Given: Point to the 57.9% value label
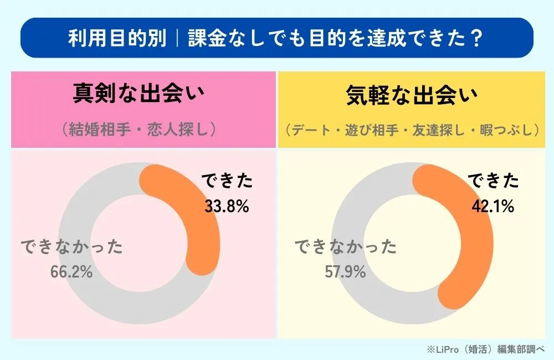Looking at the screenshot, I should coord(344,272).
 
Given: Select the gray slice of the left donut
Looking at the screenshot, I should coord(89,288).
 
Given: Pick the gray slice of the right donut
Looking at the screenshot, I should coord(360,294).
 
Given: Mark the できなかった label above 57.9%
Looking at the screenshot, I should coord(344,248).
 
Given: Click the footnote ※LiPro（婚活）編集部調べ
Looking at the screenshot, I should coord(486,349).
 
